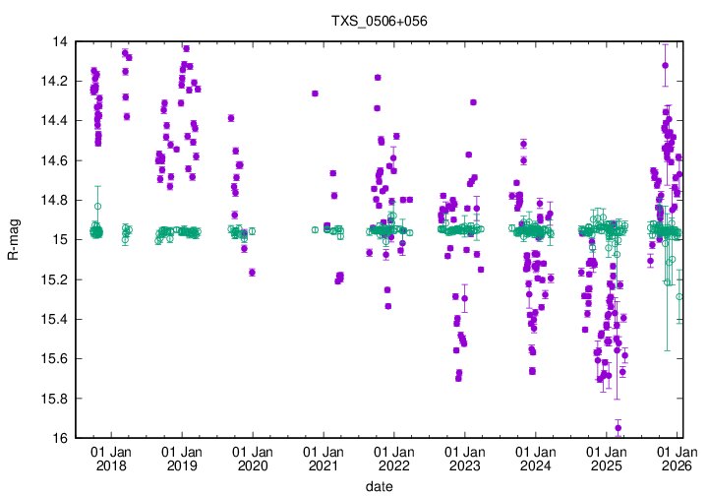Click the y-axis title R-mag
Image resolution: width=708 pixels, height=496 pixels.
pos(13,240)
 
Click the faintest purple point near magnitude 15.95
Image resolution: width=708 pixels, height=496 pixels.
pos(619,428)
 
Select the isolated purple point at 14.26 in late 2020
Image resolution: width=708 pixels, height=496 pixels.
pos(315,93)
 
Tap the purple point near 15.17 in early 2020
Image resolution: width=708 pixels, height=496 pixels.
pos(252,273)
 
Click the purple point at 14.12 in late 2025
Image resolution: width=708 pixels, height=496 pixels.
pos(666,66)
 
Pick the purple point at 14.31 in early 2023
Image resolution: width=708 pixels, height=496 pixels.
pos(473,102)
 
